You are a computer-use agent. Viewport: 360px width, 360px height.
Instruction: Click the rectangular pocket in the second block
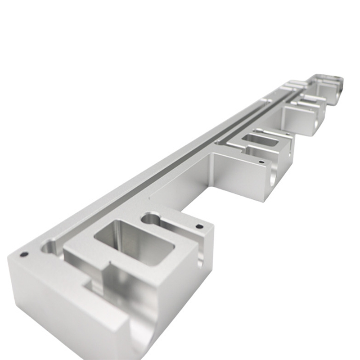point(260,140)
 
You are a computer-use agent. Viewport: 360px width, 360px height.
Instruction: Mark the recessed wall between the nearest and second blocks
point(180,184)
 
